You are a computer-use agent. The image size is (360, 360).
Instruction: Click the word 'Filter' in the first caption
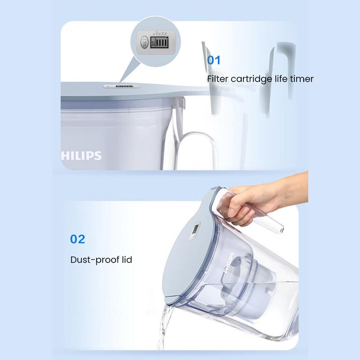(218, 79)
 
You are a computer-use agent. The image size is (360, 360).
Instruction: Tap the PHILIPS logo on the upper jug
(81, 156)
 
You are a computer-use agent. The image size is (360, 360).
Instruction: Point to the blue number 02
(77, 238)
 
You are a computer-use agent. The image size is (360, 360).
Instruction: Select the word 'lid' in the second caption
(125, 260)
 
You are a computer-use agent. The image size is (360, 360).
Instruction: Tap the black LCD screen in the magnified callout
(161, 44)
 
